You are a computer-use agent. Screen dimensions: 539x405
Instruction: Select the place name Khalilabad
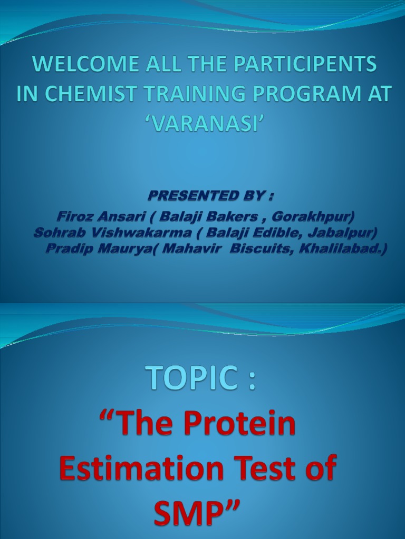[343, 248]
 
